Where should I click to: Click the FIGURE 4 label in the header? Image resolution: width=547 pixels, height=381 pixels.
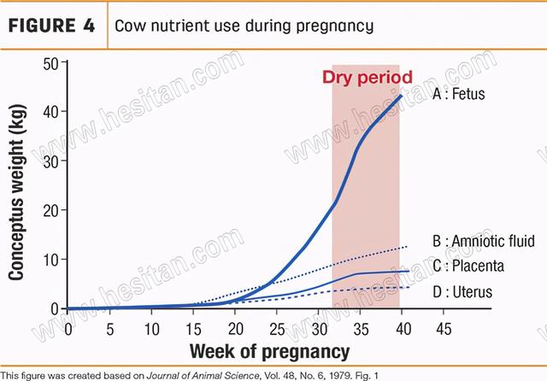coord(52,25)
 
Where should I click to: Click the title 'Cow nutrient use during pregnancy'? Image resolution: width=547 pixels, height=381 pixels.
coord(243,26)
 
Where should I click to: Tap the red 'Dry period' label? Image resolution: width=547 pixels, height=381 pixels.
coord(367,78)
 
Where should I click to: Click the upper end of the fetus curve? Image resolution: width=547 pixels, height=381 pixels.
coord(401,95)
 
